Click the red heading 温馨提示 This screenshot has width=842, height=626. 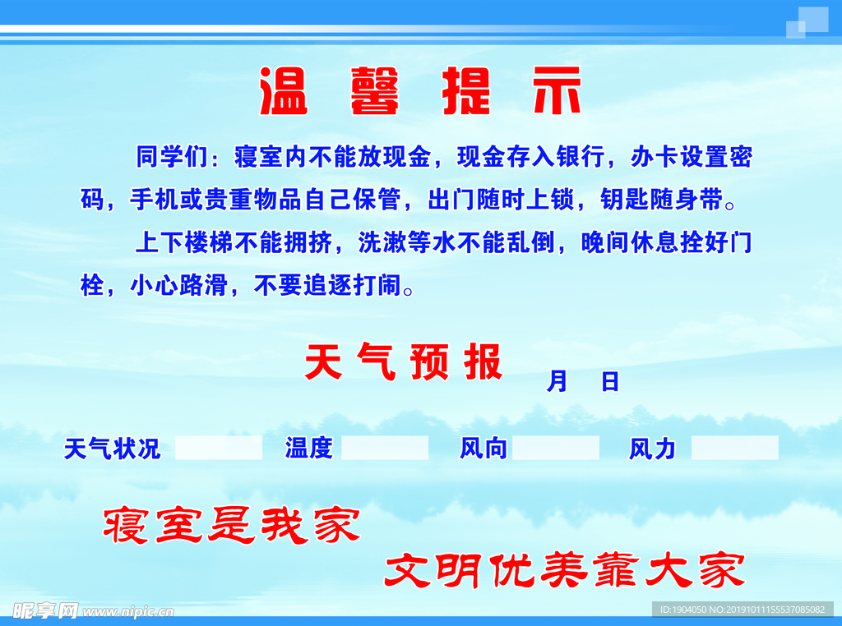421,90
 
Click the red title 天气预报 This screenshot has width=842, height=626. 403,362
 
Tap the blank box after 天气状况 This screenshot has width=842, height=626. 219,448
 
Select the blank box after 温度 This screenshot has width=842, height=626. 385,448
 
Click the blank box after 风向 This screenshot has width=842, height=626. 556,448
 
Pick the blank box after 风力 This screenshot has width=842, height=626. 734,448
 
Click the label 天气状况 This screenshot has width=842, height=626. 113,449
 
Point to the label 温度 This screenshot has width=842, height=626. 308,449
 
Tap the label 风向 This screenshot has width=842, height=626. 483,449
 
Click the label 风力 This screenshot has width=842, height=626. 652,449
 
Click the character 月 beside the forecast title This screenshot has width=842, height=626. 557,381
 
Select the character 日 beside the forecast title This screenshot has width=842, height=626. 610,381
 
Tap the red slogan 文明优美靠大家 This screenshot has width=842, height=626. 565,570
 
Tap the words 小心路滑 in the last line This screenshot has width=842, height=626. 179,286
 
